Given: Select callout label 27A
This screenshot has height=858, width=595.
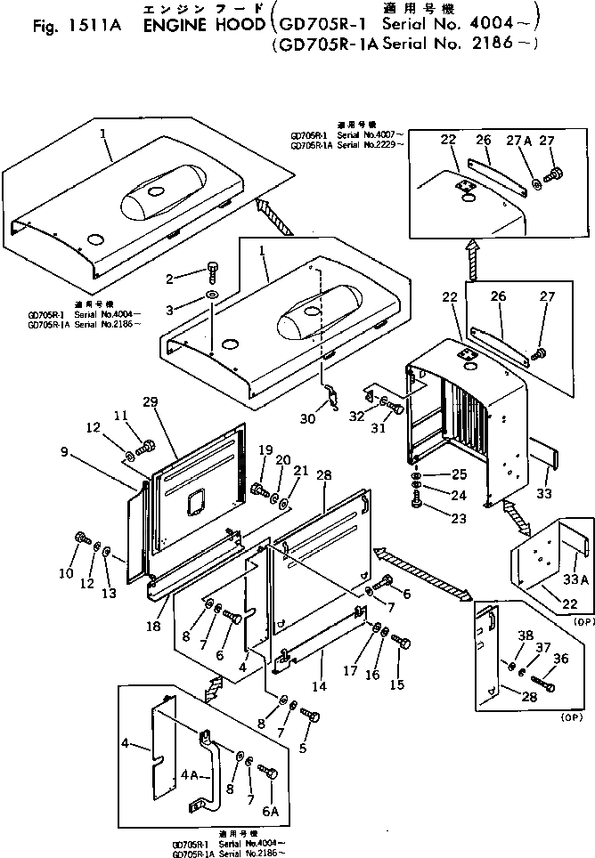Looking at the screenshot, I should click(x=520, y=140).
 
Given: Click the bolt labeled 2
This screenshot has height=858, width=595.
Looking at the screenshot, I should click(x=212, y=267).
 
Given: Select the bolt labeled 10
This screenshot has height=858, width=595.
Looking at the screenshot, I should click(x=81, y=537).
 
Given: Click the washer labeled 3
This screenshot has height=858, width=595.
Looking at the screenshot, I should click(x=212, y=294).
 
